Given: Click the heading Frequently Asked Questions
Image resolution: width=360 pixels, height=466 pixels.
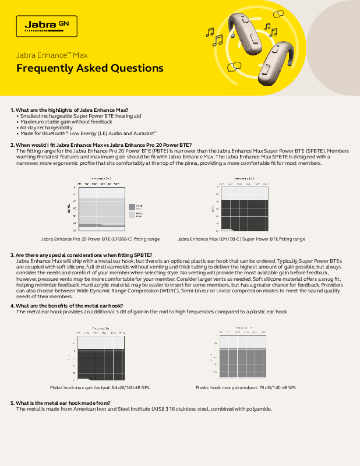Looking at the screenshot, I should [90, 68].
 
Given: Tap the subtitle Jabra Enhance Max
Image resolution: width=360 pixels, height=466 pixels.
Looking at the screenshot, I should [52, 55].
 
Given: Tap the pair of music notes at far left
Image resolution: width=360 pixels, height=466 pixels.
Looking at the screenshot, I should [214, 36].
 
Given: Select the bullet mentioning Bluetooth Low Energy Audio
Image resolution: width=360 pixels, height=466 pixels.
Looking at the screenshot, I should [82, 133].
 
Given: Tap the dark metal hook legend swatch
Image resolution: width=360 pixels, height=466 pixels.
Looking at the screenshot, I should [131, 206].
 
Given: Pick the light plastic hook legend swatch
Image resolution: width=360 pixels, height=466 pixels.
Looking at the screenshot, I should [131, 214].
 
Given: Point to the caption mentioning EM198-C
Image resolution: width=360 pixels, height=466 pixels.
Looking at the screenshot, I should [241, 239].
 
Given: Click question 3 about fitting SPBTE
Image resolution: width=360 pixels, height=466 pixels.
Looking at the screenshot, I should [82, 255].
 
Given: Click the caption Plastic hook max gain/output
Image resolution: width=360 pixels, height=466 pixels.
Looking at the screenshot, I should [246, 387].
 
